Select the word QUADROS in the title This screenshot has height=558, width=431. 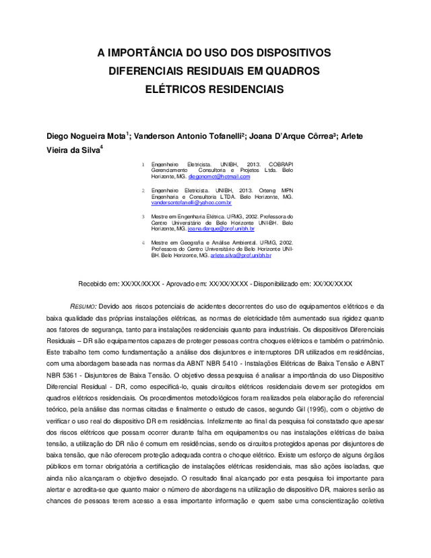290,71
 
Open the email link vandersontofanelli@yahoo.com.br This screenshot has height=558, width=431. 191,202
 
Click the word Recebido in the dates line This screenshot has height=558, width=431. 92,284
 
